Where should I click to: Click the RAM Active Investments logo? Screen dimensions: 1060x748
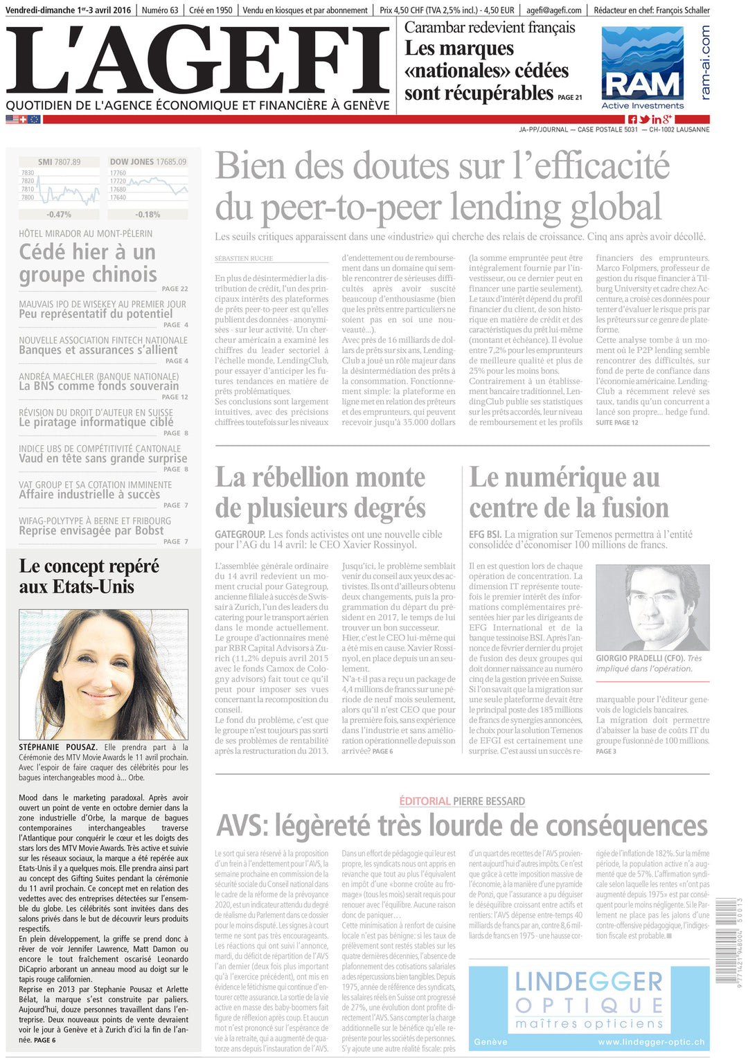[642, 69]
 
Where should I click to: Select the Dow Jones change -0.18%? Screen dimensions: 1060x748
[148, 215]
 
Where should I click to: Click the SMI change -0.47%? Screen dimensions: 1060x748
[59, 215]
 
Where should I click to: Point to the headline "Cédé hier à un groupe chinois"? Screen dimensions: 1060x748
[88, 263]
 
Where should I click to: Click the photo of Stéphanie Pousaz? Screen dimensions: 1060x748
[103, 674]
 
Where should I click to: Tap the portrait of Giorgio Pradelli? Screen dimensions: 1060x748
[652, 607]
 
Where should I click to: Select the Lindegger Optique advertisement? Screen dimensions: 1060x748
[589, 1007]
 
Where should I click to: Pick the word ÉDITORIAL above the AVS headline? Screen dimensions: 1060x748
[425, 801]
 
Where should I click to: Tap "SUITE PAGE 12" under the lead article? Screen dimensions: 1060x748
[617, 422]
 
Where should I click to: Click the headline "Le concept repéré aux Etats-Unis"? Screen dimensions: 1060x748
[89, 576]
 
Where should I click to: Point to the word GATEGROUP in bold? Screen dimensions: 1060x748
[240, 535]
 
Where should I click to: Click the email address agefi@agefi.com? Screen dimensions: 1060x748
[553, 10]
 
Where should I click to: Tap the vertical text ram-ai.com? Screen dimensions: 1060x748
[705, 62]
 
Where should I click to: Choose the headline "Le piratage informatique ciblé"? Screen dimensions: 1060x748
[96, 422]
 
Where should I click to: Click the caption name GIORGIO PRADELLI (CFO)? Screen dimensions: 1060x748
[640, 658]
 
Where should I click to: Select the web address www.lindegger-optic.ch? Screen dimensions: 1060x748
[651, 1042]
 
